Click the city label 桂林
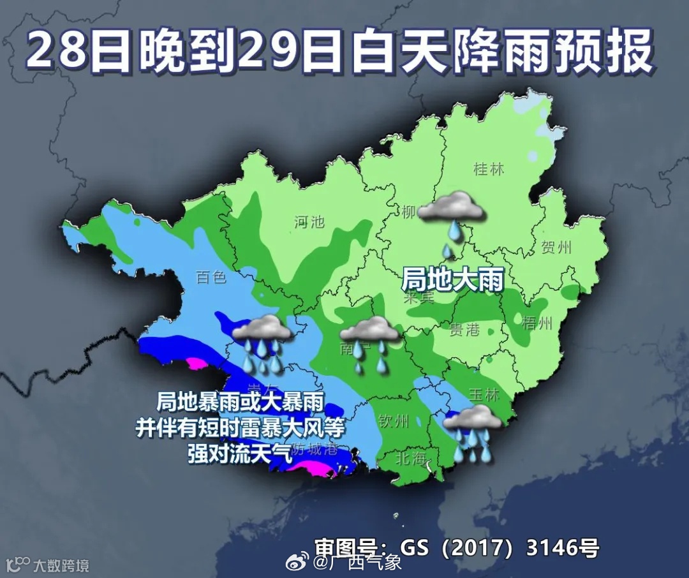[x=489, y=170]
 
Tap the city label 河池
[x=309, y=222]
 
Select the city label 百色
[x=211, y=278]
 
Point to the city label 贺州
[x=556, y=248]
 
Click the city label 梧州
[x=536, y=323]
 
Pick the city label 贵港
[x=464, y=329]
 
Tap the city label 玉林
[x=484, y=395]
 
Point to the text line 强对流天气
[x=240, y=453]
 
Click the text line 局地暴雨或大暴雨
[x=241, y=402]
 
